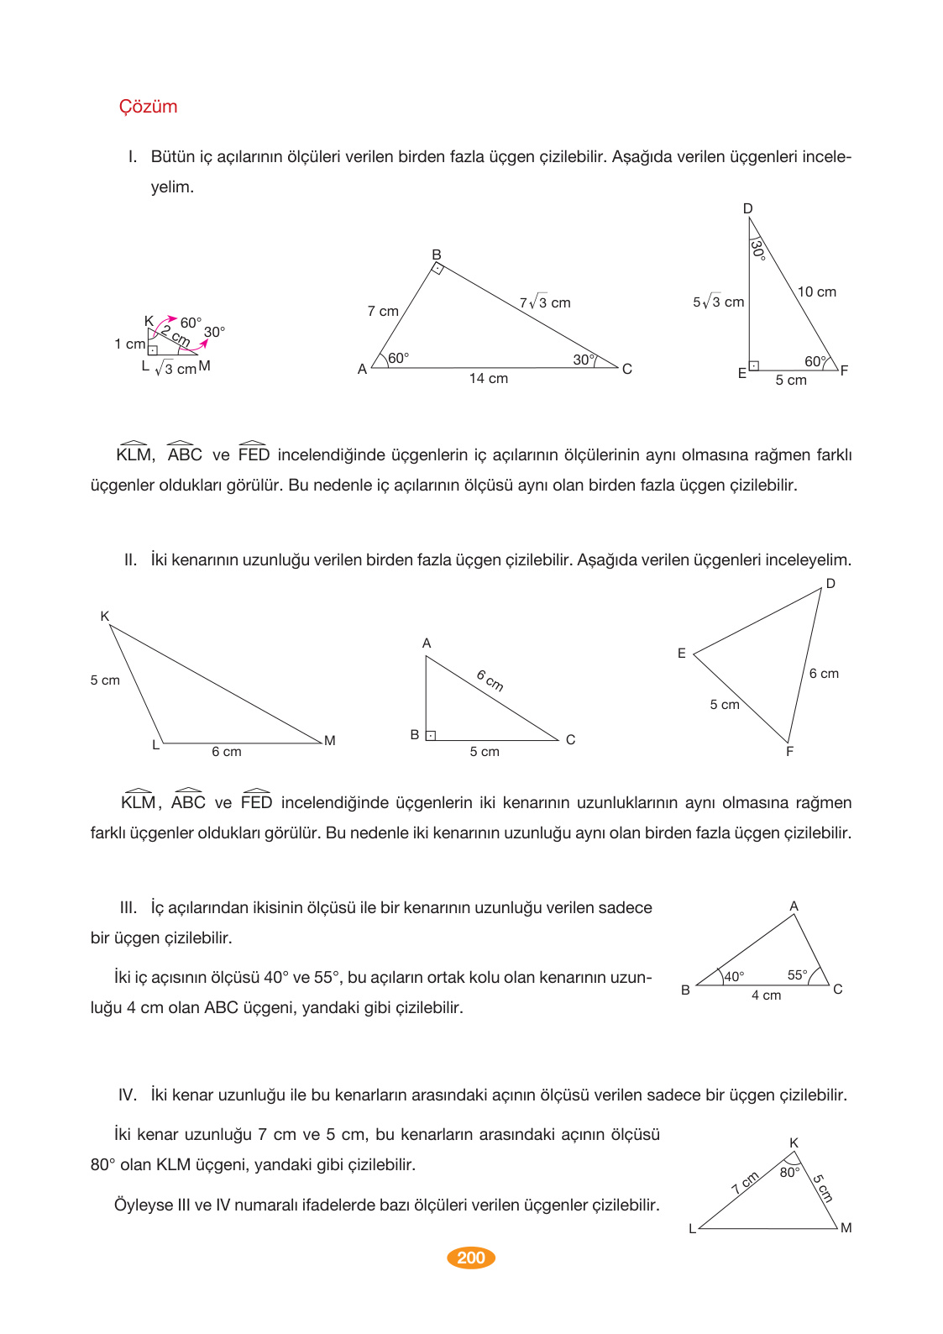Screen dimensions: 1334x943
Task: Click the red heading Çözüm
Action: pyautogui.click(x=148, y=107)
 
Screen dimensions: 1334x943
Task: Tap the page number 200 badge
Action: pyautogui.click(x=471, y=1258)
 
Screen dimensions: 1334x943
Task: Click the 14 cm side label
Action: pyautogui.click(x=488, y=379)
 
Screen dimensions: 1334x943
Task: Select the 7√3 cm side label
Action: pyautogui.click(x=544, y=303)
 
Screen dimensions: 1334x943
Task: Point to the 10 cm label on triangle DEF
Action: pyautogui.click(x=816, y=292)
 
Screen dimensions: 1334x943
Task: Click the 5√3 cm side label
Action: pyautogui.click(x=718, y=302)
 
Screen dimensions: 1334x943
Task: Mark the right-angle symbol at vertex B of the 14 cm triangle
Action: pyautogui.click(x=437, y=269)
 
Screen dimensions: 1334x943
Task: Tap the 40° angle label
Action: pyautogui.click(x=734, y=977)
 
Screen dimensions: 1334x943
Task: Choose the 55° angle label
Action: pyautogui.click(x=797, y=975)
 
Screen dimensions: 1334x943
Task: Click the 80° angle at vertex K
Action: pyautogui.click(x=789, y=1173)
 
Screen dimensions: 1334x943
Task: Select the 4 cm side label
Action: pyautogui.click(x=766, y=995)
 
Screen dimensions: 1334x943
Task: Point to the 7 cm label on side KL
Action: pyautogui.click(x=745, y=1183)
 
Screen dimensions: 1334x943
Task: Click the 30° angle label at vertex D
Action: pyautogui.click(x=757, y=249)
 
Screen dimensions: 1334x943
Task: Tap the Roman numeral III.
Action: pyautogui.click(x=128, y=908)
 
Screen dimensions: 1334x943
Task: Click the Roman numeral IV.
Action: pyautogui.click(x=128, y=1095)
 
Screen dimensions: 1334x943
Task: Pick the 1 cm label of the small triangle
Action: pyautogui.click(x=129, y=344)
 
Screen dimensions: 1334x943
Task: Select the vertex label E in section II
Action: pyautogui.click(x=682, y=654)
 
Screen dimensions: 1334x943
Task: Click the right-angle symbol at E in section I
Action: pyautogui.click(x=754, y=365)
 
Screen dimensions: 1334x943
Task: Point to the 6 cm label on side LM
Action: pyautogui.click(x=226, y=752)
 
